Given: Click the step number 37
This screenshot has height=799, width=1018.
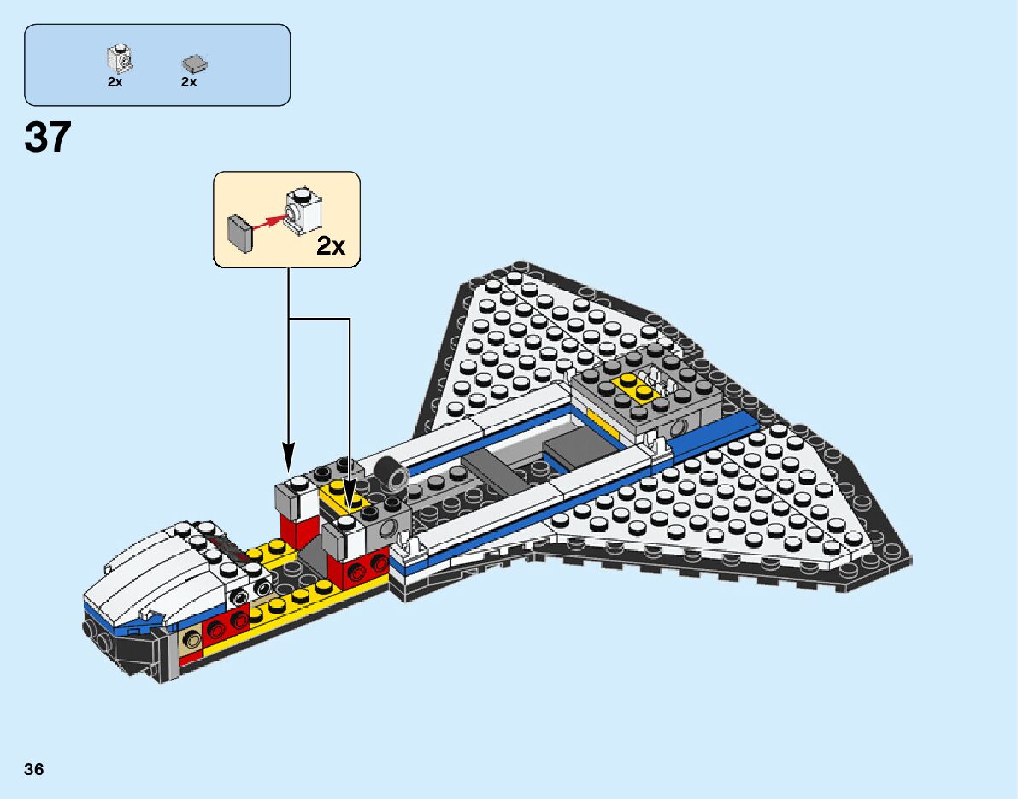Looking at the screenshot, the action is click(48, 138).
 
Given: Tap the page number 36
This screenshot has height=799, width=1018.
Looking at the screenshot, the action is click(34, 769).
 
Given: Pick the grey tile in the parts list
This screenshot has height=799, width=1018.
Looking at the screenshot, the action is click(195, 63).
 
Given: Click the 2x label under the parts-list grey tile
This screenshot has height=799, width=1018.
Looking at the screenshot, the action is click(189, 82).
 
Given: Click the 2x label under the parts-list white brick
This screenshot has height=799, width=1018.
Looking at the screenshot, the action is click(115, 82).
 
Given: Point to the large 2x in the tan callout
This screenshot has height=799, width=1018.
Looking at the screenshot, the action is click(331, 246).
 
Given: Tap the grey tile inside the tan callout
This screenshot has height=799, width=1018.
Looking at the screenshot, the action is click(239, 232).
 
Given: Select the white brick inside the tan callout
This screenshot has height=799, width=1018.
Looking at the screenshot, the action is click(306, 209).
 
